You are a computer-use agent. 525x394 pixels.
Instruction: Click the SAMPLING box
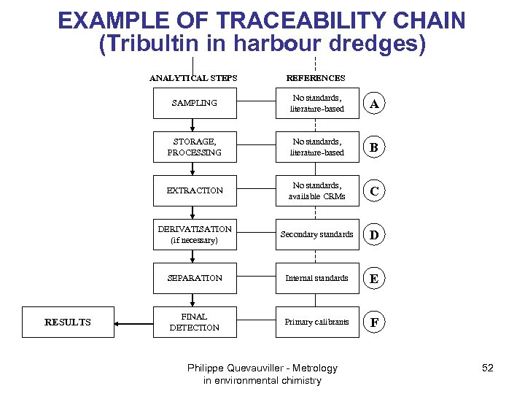tap(194, 104)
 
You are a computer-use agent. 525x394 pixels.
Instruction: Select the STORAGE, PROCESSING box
tap(194, 147)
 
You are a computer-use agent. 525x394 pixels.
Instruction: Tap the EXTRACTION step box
tap(194, 190)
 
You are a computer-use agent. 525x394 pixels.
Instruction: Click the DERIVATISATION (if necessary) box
tap(194, 234)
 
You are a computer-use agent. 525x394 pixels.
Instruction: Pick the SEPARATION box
tap(194, 278)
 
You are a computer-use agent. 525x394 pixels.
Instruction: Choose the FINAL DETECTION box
tap(194, 322)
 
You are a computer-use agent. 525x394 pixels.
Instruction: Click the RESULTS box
tap(68, 322)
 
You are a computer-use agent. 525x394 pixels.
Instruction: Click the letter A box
tap(374, 104)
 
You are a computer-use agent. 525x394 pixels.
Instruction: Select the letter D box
tap(374, 235)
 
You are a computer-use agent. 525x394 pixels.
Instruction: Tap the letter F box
tap(374, 322)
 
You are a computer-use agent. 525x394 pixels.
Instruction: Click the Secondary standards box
tap(317, 234)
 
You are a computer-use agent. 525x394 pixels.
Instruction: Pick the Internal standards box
tap(317, 278)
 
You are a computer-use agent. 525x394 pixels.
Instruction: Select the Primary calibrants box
tap(317, 322)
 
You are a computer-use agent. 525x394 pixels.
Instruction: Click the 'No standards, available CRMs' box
tap(317, 190)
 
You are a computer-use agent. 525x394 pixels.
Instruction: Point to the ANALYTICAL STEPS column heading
tap(193, 78)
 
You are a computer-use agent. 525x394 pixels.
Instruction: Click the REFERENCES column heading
tap(316, 78)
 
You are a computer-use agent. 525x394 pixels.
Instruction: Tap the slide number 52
tap(488, 368)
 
